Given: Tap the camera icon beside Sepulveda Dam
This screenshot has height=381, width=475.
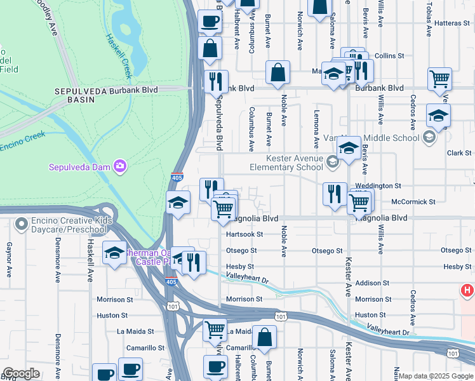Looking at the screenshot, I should pos(120,167).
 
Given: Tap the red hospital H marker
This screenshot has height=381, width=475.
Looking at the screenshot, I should pos(468,291).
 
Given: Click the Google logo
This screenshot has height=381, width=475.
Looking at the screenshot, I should pos(21,373).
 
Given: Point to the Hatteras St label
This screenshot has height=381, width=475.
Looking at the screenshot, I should pos(452,23).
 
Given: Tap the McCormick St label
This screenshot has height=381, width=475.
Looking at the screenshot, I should pos(413,201).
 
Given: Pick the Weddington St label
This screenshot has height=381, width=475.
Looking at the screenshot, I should pos(379,185).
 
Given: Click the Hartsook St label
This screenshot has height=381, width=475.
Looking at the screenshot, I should pos(244,234).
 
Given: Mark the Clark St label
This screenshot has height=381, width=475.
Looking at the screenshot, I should pos(459,153).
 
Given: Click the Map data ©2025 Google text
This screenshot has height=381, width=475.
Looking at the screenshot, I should pos(436,376).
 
